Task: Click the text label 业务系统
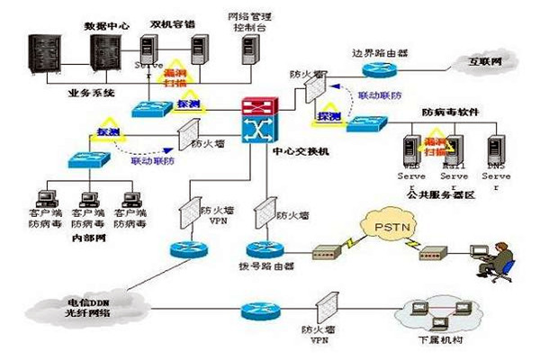(88, 92)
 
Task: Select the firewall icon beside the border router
(314, 88)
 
